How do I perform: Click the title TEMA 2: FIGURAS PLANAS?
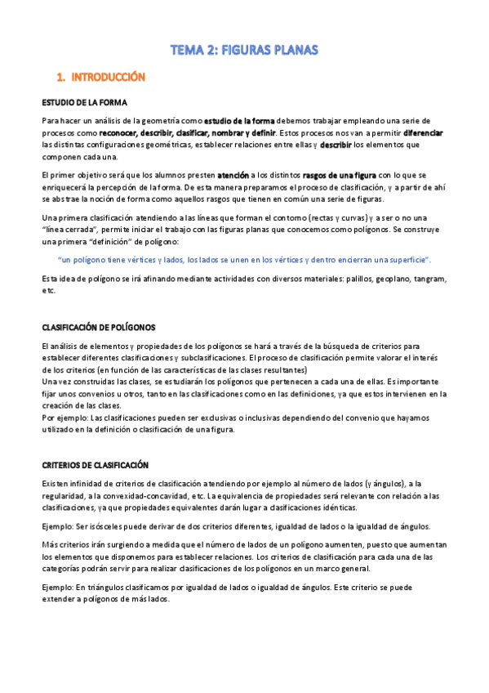tap(243, 51)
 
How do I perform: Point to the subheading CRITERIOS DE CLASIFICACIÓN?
tap(95, 465)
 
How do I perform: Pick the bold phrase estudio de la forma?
tap(239, 120)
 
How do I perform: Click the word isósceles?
tap(100, 526)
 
